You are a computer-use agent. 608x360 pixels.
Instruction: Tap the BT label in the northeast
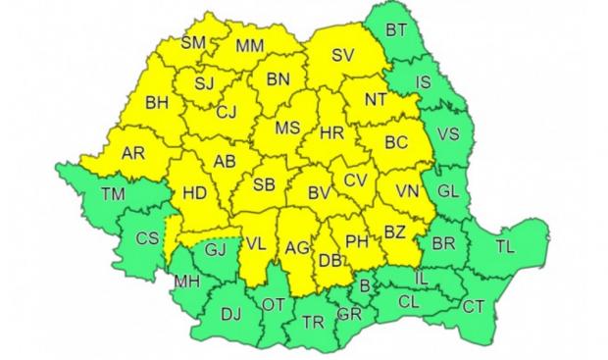(x=396, y=30)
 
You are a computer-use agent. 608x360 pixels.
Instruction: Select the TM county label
(x=113, y=194)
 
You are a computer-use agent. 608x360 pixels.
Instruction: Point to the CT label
(x=473, y=307)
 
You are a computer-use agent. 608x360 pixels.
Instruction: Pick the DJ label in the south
(x=230, y=315)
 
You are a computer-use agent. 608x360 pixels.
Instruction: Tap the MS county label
(x=286, y=129)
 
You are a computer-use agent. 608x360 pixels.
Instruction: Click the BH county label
(x=157, y=102)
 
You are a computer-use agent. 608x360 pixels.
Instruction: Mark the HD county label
(x=194, y=193)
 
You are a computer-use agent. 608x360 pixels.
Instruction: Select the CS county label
(x=147, y=238)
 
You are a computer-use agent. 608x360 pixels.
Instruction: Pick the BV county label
(x=319, y=193)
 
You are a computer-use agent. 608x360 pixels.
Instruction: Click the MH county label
(x=183, y=283)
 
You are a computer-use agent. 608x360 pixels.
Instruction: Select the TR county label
(x=313, y=321)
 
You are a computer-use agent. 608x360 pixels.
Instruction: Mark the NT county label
(x=376, y=99)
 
